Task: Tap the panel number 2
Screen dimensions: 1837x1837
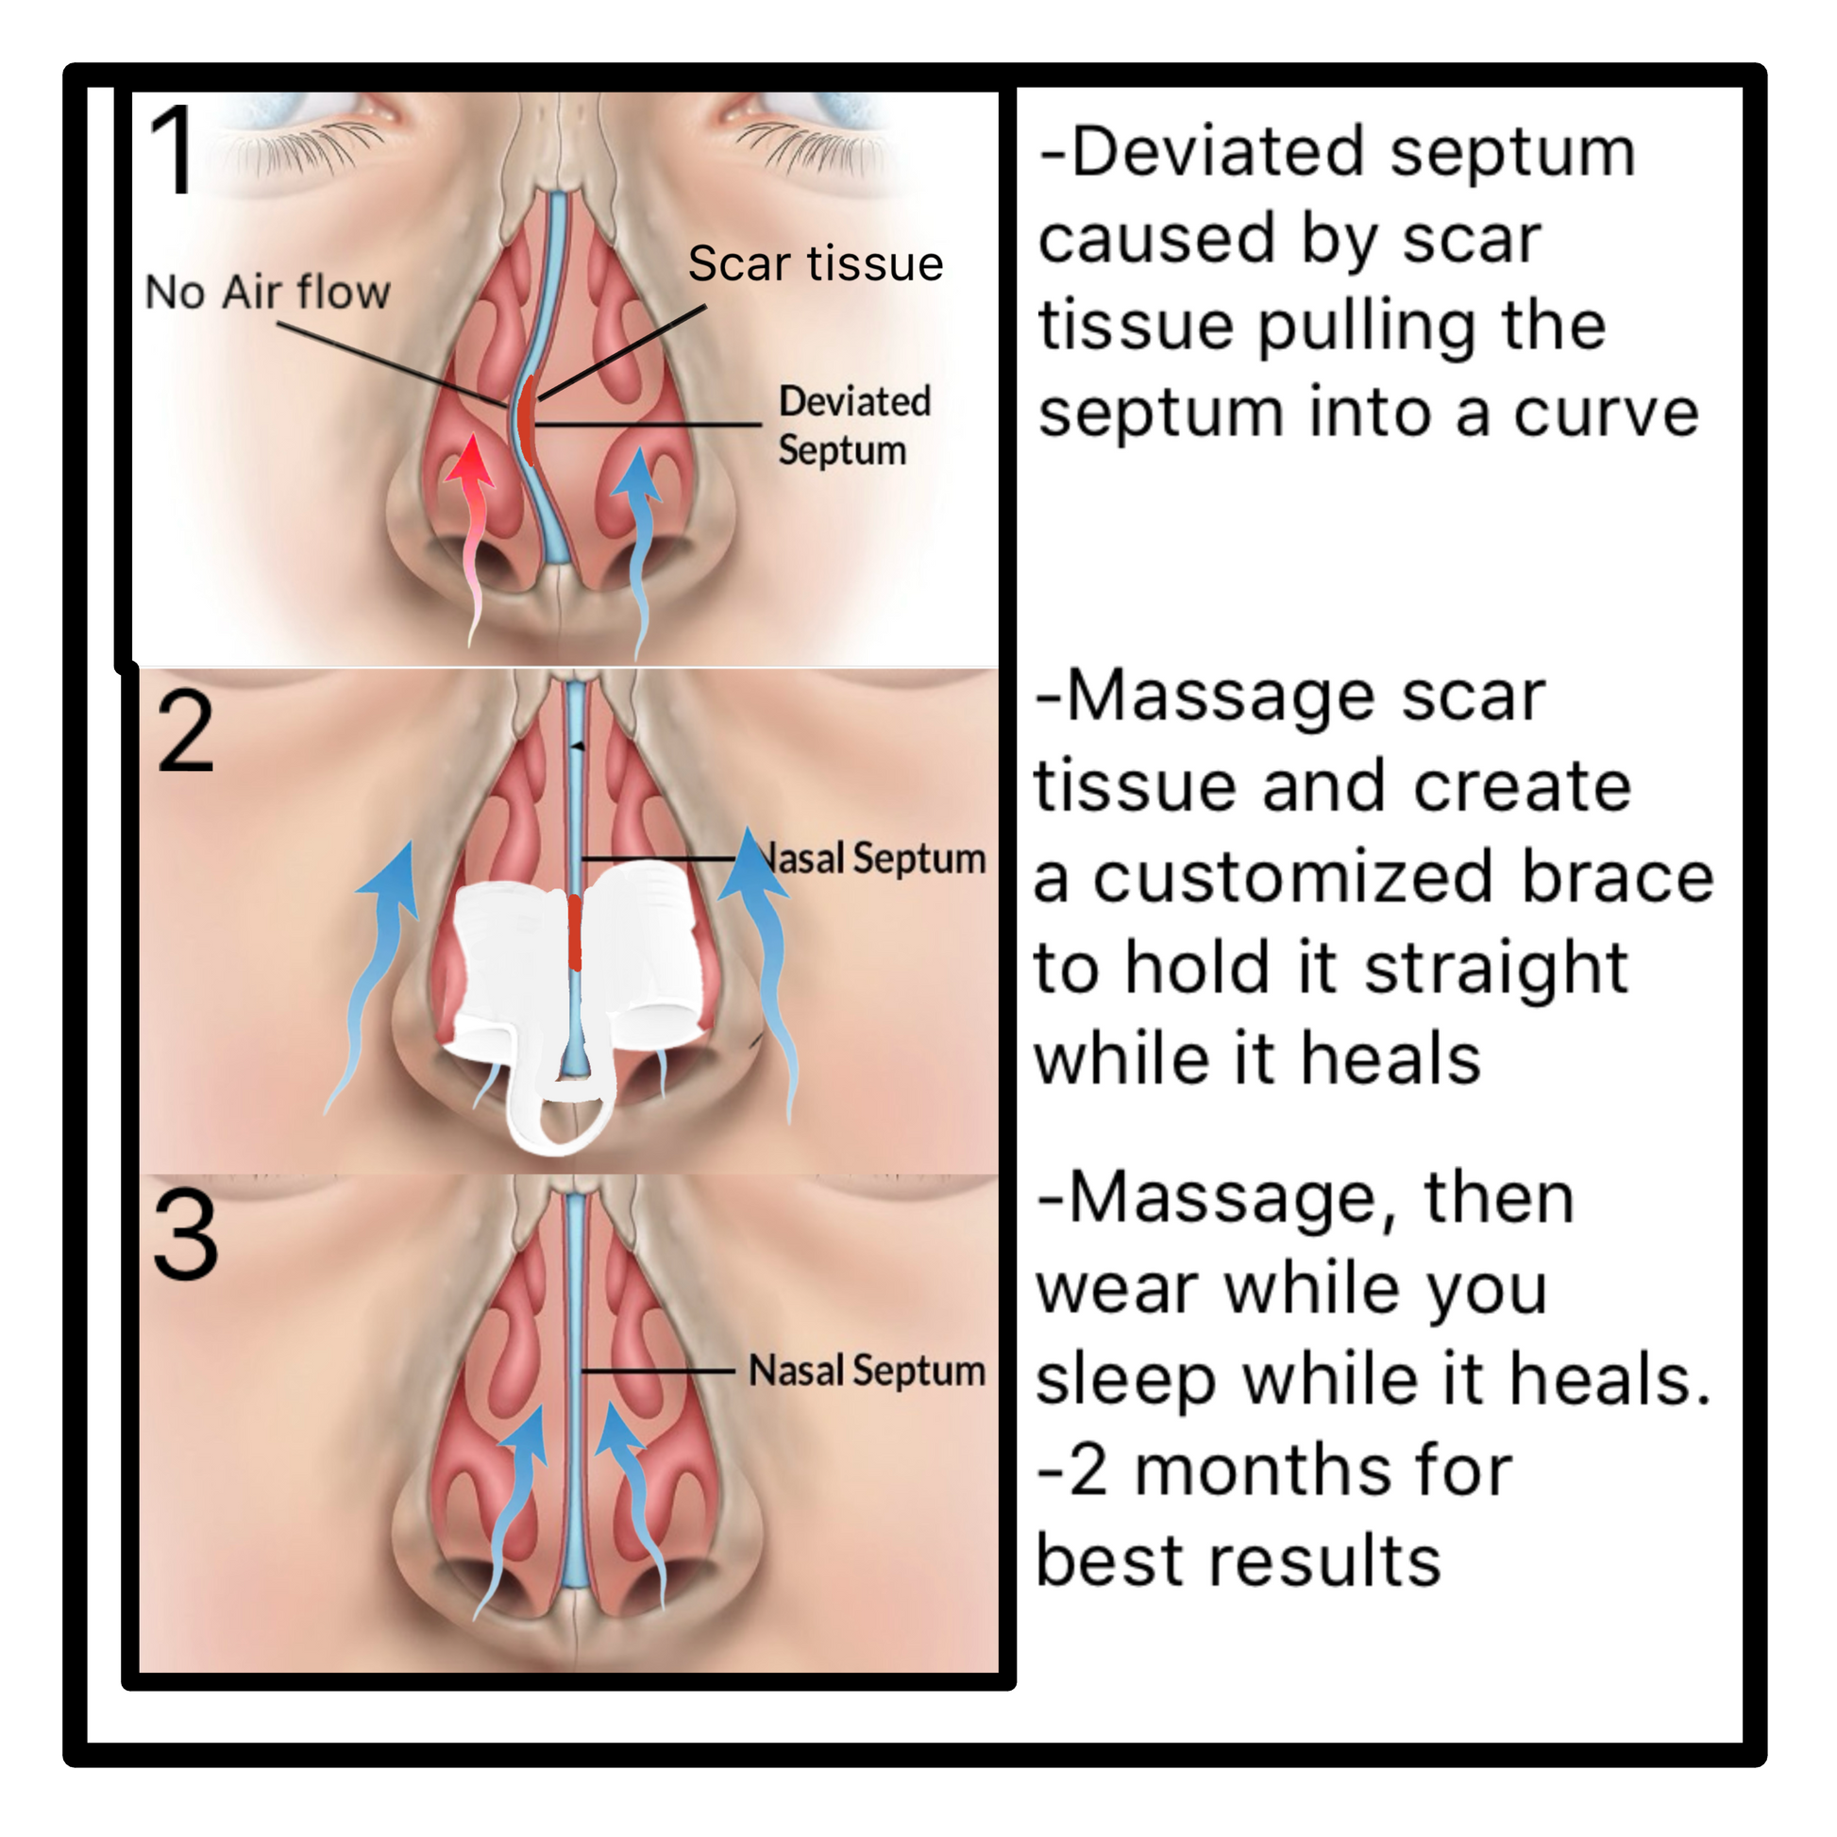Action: pos(185,733)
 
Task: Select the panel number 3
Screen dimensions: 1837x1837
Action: pos(185,1236)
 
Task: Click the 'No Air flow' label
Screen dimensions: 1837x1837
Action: pos(267,291)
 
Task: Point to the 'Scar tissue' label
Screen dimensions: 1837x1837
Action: pos(815,263)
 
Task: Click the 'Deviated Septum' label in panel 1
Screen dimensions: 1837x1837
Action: pos(853,426)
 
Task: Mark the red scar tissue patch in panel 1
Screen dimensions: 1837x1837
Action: pos(526,418)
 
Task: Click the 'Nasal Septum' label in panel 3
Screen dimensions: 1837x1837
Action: pos(867,1370)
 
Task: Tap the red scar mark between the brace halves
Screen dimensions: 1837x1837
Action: pos(574,932)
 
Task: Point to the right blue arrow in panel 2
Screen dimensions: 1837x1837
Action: pos(762,960)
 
